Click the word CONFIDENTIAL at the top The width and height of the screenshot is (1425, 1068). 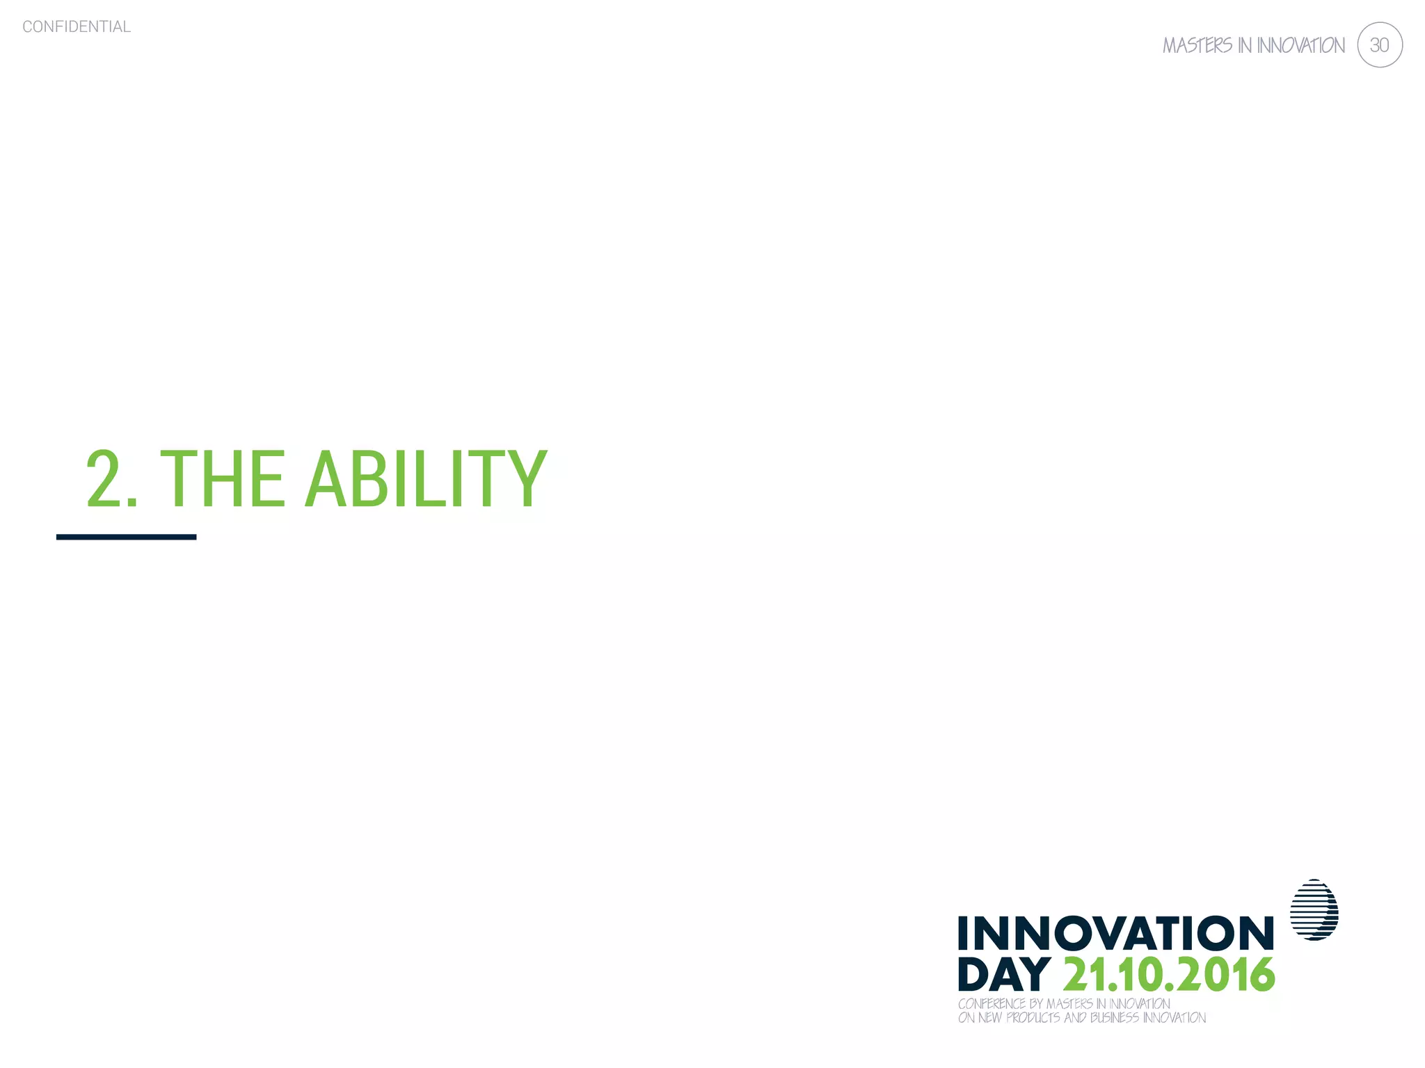tap(77, 26)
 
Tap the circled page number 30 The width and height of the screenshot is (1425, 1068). tap(1379, 45)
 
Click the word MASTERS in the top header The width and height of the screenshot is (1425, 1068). tap(1197, 46)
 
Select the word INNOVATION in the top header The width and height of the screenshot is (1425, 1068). tap(1300, 46)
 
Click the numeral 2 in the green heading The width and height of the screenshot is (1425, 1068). tap(104, 479)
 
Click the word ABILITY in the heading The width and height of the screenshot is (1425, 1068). tap(426, 479)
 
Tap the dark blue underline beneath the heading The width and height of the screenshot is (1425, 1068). tap(126, 537)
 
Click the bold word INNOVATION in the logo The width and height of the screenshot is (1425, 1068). tap(1115, 933)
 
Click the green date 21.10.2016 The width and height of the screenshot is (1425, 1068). tap(1169, 975)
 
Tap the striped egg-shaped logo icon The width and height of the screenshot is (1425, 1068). tap(1314, 909)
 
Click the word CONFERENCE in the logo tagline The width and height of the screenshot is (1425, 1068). tap(992, 1004)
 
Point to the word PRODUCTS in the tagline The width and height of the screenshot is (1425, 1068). tap(1033, 1018)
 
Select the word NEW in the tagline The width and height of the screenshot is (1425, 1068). tap(990, 1018)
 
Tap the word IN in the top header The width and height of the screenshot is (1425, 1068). tap(1244, 46)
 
